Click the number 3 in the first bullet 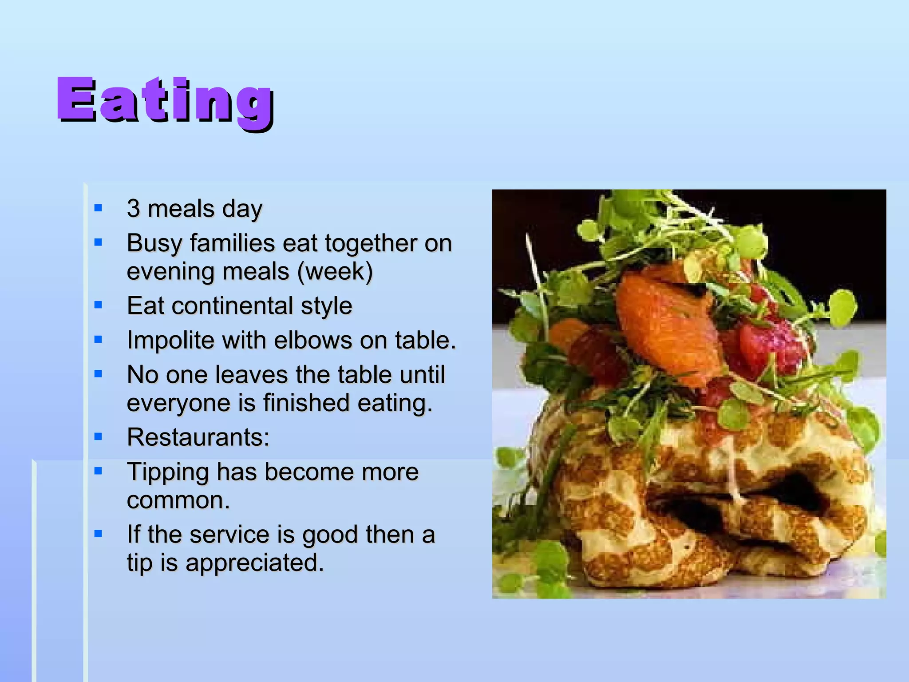coord(134,208)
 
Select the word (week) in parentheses coord(335,271)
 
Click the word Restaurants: coord(198,437)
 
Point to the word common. coord(178,500)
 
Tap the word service coord(230,534)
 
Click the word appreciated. coord(254,563)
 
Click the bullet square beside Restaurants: coord(99,436)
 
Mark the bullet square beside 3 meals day coord(99,208)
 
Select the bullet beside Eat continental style coord(99,305)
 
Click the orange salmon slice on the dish coord(666,329)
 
